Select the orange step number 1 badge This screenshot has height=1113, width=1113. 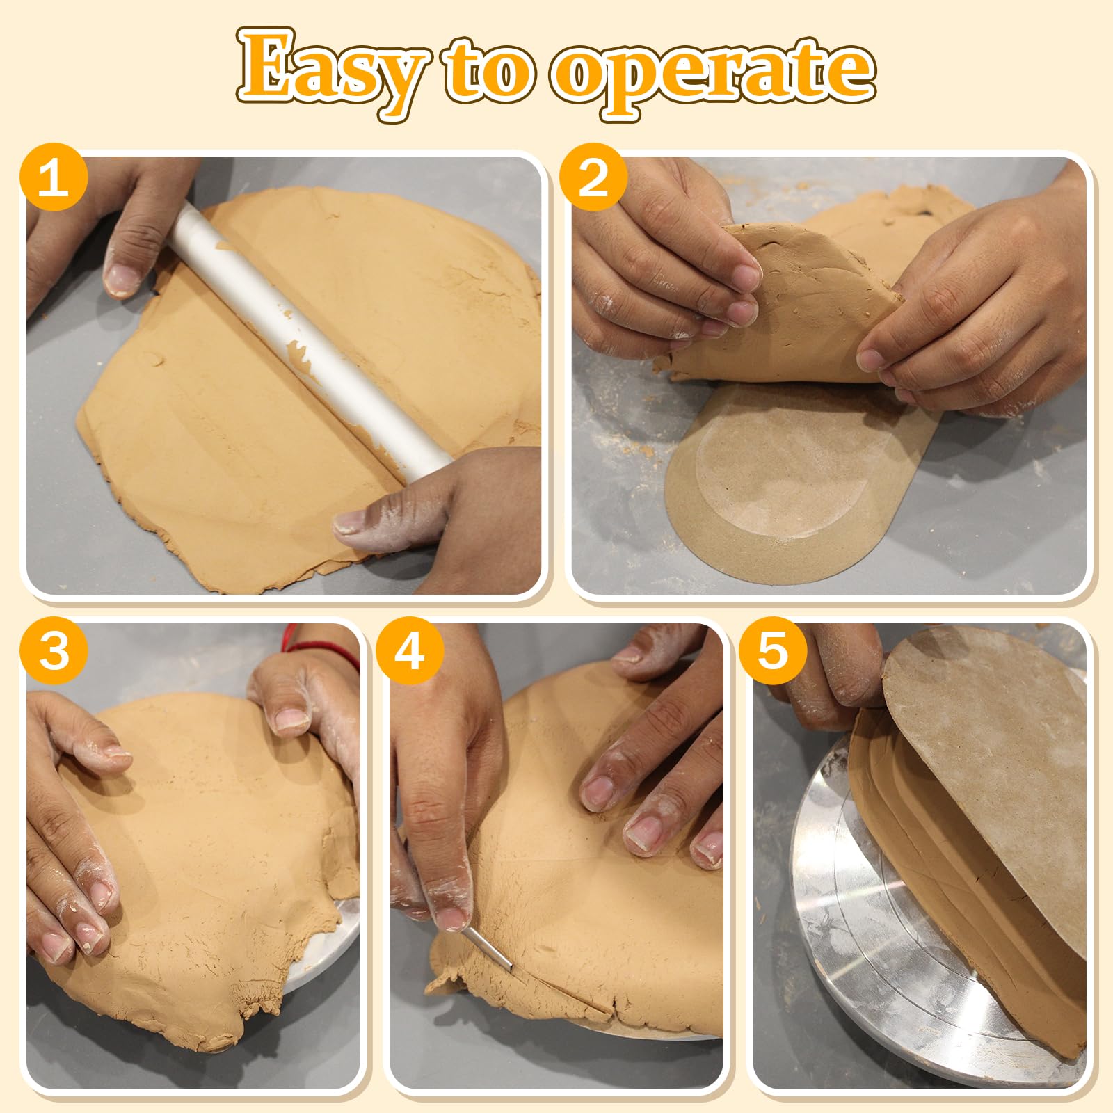[54, 177]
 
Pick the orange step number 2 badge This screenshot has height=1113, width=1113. [593, 177]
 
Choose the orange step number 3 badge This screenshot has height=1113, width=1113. [54, 652]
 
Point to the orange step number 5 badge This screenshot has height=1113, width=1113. [772, 652]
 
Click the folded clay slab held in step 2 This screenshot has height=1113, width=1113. [786, 306]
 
